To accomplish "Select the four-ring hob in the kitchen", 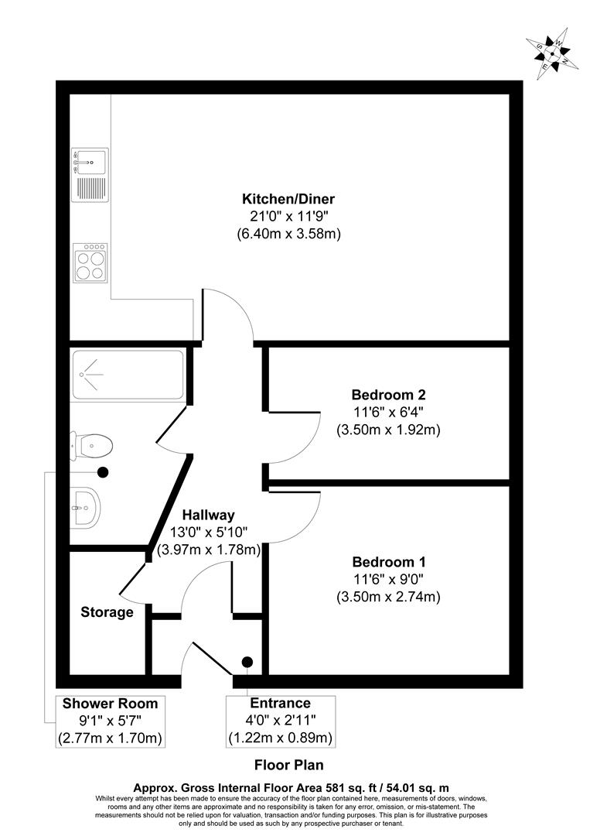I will tap(90, 262).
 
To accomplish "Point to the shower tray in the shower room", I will tap(128, 375).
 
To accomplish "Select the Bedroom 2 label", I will tap(387, 394).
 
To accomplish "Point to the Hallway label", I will tap(208, 515).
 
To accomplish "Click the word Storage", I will tap(107, 612).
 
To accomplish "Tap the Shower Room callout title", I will tap(110, 704).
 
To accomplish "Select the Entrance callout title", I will tap(280, 704).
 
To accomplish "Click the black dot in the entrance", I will tap(247, 661).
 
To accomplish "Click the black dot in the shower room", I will tap(103, 471).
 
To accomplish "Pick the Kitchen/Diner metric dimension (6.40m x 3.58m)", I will tap(288, 233).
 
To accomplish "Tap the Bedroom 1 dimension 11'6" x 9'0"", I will tap(387, 579).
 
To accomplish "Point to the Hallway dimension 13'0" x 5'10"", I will tap(208, 533).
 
